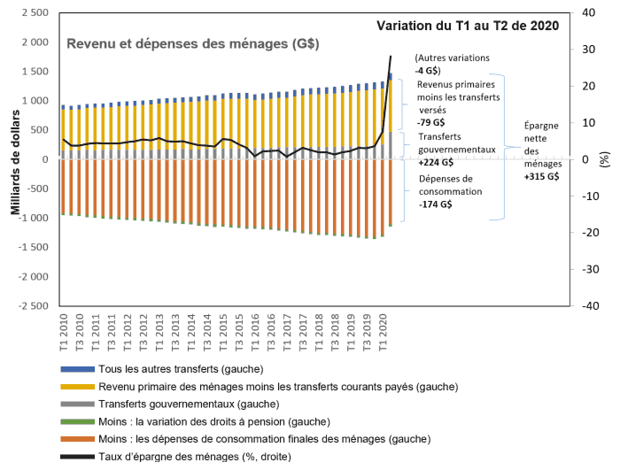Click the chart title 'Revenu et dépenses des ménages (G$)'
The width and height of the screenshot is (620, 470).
(193, 43)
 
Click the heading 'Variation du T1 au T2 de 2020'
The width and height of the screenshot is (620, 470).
(468, 26)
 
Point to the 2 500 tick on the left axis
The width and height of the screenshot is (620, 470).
(33, 13)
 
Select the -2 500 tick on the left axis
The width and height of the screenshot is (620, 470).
(30, 305)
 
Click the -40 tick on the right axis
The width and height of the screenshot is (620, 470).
(590, 305)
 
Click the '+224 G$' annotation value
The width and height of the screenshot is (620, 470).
(434, 162)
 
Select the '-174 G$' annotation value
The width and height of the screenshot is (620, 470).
(434, 204)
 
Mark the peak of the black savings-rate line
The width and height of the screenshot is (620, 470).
(391, 57)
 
